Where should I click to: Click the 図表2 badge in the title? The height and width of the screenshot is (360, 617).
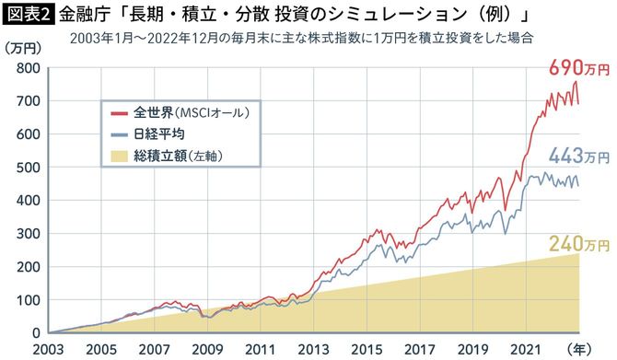(x=28, y=15)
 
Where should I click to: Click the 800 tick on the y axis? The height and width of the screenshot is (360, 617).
(x=26, y=68)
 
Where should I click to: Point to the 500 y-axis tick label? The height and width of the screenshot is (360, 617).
(x=26, y=168)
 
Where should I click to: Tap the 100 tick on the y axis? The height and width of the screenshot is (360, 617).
(x=26, y=300)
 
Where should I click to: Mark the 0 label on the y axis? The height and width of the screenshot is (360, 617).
(x=33, y=333)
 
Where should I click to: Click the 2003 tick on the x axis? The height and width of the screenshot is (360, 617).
(x=47, y=350)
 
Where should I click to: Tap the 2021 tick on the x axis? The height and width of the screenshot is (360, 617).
(x=525, y=350)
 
